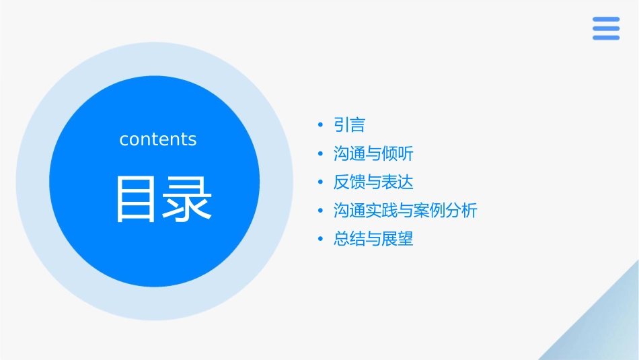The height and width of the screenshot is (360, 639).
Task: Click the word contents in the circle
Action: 158,139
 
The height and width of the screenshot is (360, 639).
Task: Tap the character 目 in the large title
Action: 137,199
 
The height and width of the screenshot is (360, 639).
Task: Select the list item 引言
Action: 349,125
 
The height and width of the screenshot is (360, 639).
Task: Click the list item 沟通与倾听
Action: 373,154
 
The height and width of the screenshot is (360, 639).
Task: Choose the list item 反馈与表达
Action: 373,182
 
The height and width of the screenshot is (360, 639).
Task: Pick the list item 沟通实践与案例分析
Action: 405,211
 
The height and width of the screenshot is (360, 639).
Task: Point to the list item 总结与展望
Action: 373,239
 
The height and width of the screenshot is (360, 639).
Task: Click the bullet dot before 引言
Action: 321,125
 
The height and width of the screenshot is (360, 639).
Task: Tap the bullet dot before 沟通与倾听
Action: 321,154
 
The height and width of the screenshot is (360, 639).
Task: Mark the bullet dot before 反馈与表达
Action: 321,182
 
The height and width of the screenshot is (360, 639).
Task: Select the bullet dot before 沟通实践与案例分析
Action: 321,211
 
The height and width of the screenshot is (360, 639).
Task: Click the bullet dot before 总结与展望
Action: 321,239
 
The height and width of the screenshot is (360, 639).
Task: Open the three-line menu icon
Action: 606,28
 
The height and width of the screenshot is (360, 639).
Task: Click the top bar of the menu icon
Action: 606,20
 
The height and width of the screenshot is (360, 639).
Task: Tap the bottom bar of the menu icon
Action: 606,38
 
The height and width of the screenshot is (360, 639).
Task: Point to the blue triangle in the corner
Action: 605,330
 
